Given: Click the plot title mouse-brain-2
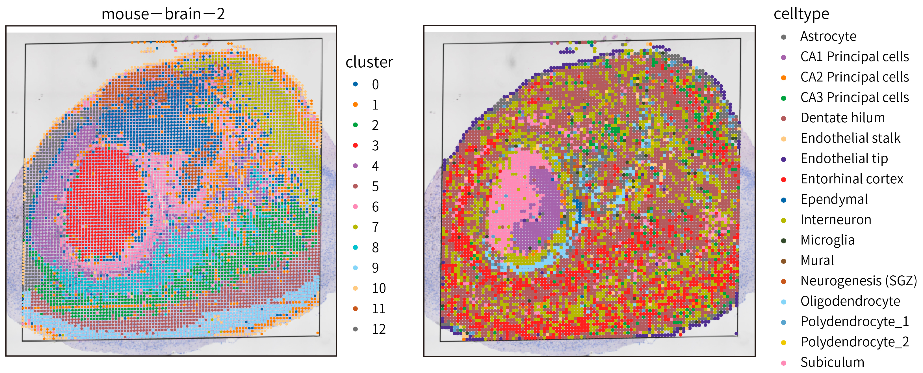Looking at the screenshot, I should pos(163,14).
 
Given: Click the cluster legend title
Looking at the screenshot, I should pos(369,62).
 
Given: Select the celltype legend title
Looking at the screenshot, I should pos(801,14).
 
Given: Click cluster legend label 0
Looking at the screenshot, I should pos(375,85).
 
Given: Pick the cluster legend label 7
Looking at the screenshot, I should pos(375,227).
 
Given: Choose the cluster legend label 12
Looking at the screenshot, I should pos(379,329).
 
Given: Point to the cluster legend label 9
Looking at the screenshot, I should pos(375,267).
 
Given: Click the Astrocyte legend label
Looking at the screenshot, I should pos(828,36).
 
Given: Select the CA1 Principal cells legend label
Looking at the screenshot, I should pos(855,57).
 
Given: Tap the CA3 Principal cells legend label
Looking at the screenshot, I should pos(855,97).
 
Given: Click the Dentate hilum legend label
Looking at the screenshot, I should pos(842,118).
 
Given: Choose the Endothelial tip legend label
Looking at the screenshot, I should pos(844,158).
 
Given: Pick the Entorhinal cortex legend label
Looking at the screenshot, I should pos(852,179).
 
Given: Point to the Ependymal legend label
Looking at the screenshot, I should pos(834,199).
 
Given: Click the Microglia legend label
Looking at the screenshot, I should pos(827,240).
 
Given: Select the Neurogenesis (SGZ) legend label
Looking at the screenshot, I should pos(859,280).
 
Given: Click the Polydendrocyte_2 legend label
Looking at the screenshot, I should pos(855,342).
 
